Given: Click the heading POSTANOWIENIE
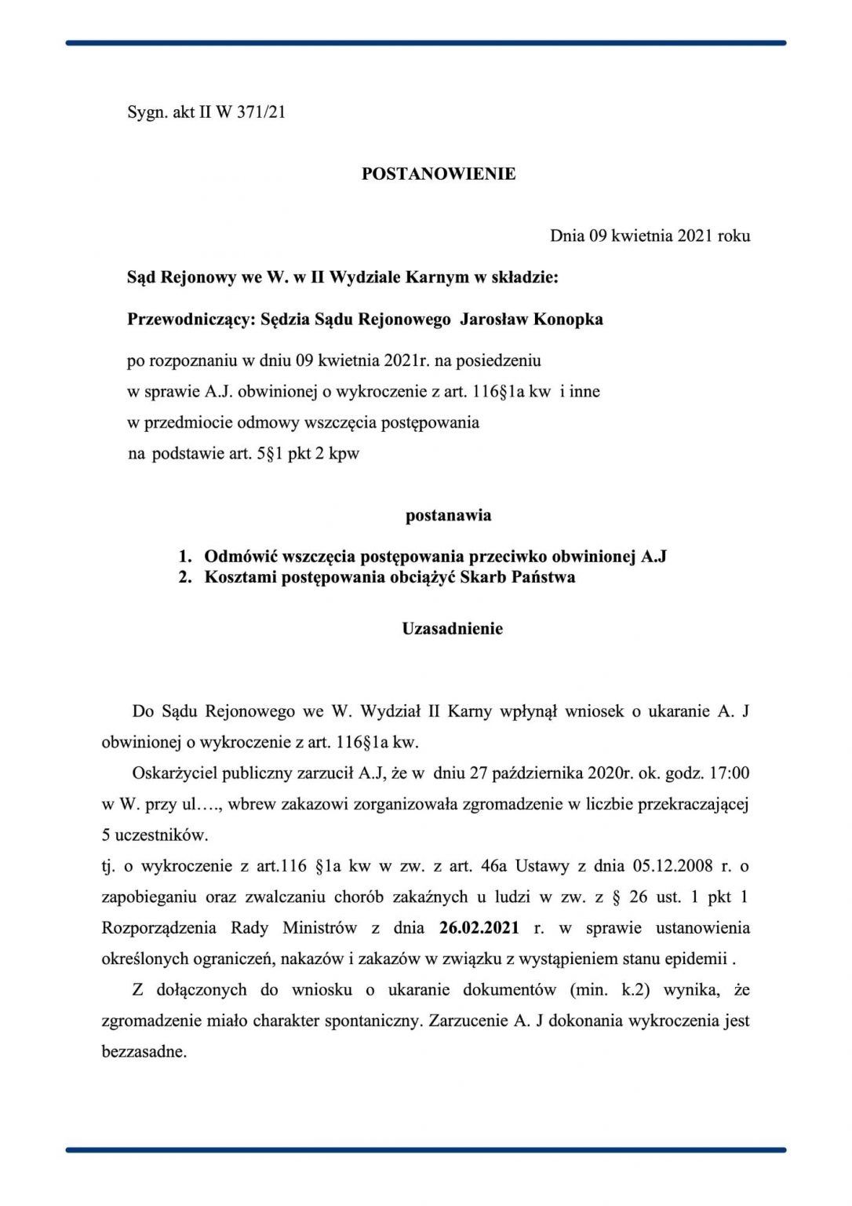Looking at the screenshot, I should click(438, 174).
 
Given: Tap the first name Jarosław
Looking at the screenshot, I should click(493, 319).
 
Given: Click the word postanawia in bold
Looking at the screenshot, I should click(448, 516).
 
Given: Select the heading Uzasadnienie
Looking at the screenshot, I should click(452, 629).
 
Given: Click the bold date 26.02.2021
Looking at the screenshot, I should click(479, 928).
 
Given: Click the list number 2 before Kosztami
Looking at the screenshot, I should click(184, 577).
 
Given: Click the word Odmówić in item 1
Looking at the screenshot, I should click(240, 557).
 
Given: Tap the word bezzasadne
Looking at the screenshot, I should click(144, 1052).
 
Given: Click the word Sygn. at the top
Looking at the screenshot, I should click(147, 112).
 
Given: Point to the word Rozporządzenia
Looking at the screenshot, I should click(158, 928).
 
